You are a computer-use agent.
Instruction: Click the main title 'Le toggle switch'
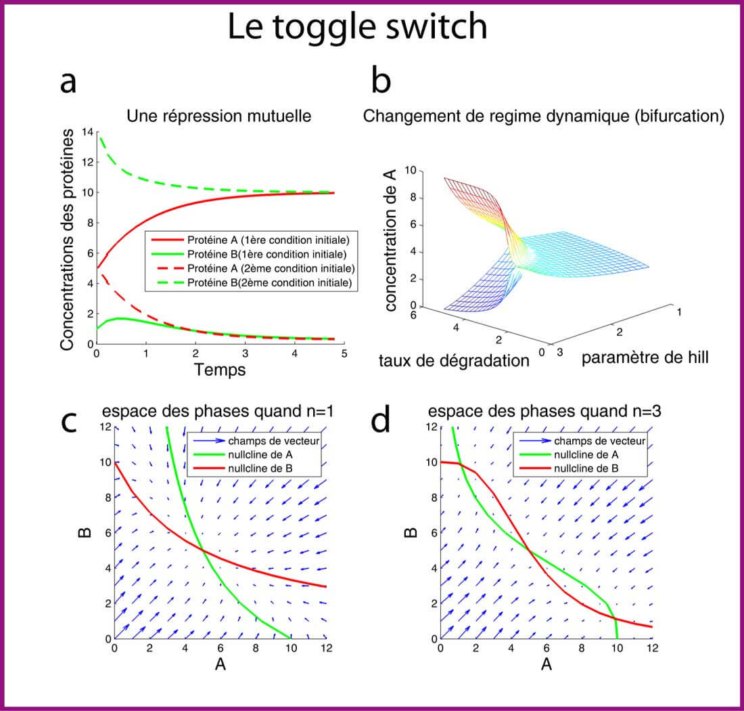point(357,28)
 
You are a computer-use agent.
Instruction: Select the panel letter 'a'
point(68,83)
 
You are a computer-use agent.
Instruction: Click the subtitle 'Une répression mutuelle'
point(219,116)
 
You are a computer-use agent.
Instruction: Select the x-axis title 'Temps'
point(219,370)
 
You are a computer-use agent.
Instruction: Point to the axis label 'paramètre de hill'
point(645,358)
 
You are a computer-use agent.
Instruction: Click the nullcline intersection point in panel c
point(202,548)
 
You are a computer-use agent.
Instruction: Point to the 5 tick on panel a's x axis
point(344,353)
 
